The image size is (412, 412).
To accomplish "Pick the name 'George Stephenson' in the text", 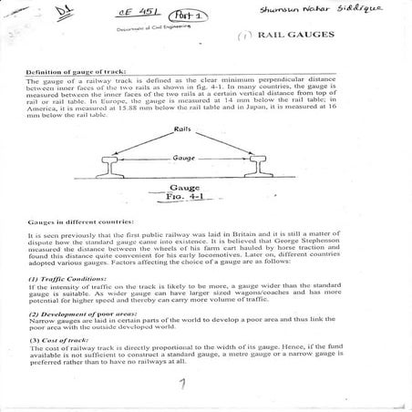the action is click(328, 246).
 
